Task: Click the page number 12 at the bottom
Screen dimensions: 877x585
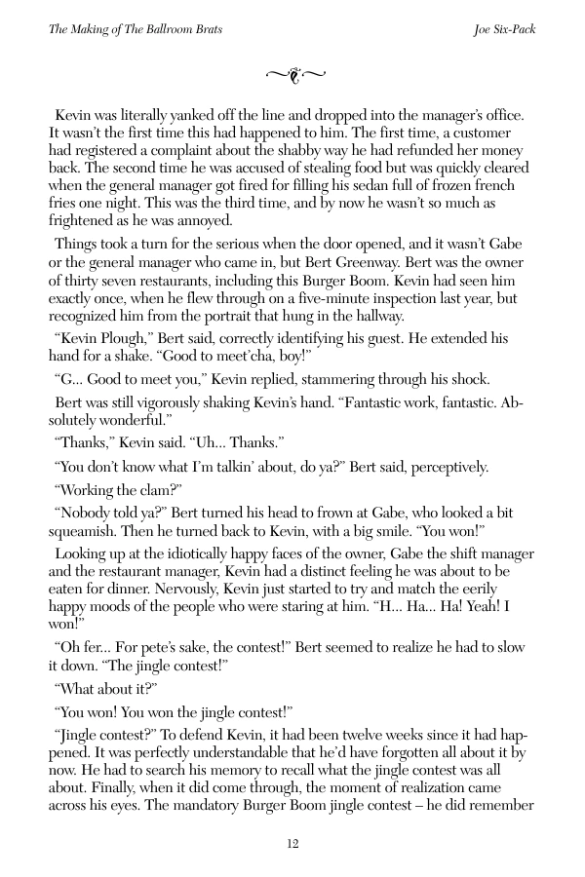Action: coord(292,843)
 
